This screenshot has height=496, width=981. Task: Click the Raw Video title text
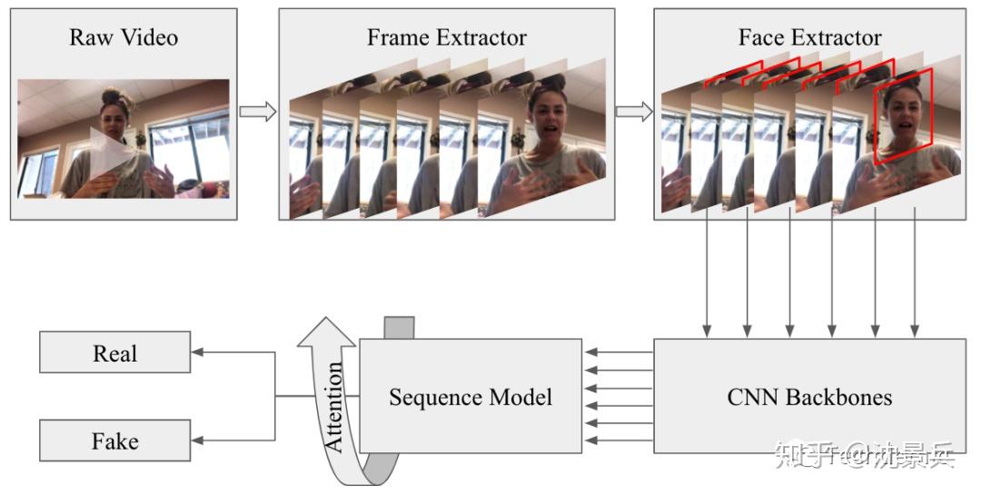[124, 38]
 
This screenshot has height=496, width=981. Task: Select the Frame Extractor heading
[446, 38]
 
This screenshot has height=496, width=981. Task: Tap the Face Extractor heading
[809, 38]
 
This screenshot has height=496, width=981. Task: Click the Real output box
[115, 352]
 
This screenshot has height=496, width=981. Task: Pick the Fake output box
[115, 441]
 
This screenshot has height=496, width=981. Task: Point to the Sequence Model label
[471, 397]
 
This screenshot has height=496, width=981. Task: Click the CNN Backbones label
[809, 397]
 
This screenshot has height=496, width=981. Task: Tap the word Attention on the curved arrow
[334, 407]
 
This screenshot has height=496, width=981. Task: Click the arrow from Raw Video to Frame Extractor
[258, 112]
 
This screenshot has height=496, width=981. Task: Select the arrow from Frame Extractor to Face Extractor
[634, 112]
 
